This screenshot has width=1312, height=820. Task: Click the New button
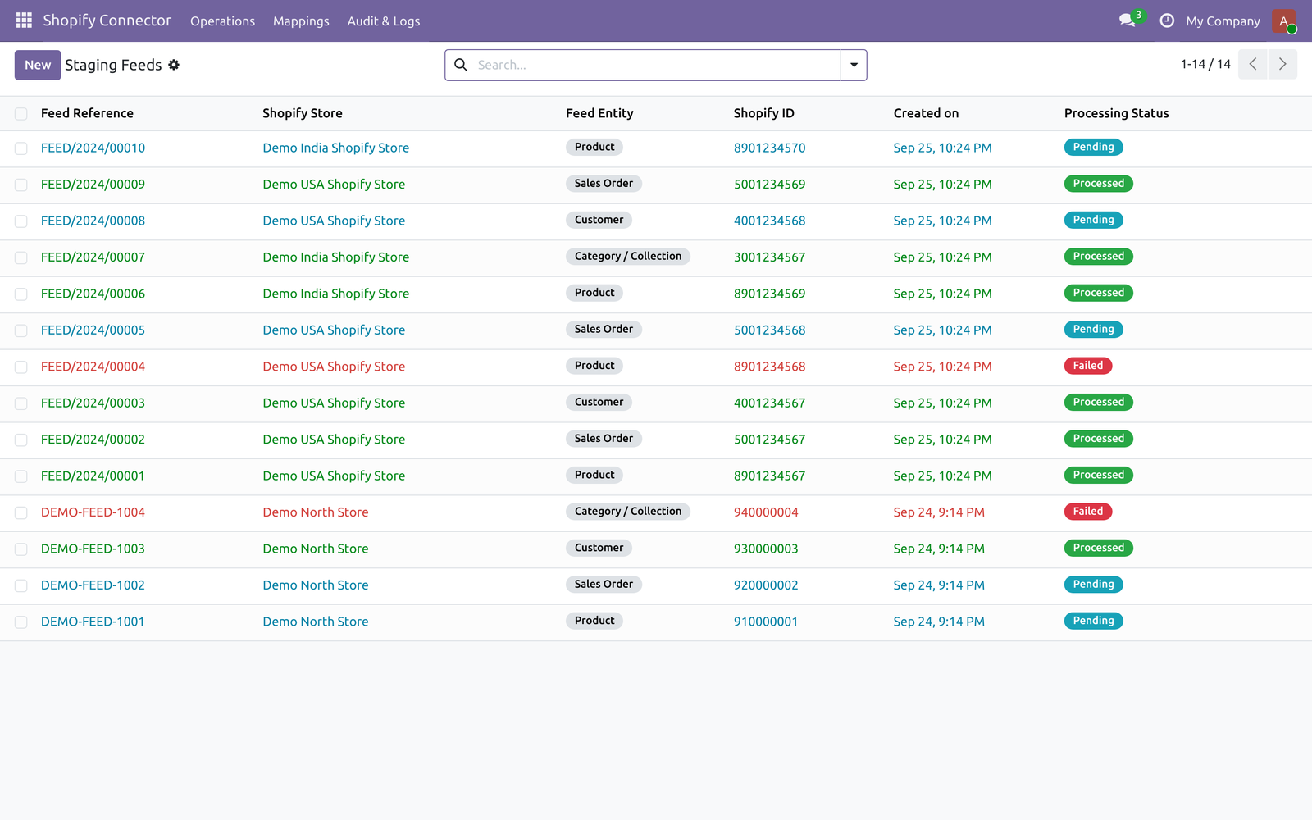tap(38, 65)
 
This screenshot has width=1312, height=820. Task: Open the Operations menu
tap(222, 21)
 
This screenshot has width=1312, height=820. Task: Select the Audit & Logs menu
tap(384, 21)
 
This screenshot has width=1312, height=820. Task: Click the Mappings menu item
tap(301, 21)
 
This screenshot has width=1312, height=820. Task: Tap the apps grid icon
tap(24, 20)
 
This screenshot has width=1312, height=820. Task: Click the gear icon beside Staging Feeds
tap(174, 65)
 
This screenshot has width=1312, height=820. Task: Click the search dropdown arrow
tap(854, 65)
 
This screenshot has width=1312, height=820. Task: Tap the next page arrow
tap(1282, 65)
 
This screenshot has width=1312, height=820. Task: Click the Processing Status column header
tap(1116, 113)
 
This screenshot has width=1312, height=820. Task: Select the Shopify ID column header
tap(763, 113)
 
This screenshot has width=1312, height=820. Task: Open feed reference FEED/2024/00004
tap(93, 367)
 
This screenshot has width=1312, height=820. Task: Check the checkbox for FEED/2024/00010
tap(21, 148)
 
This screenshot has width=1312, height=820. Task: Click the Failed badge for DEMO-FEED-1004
tap(1087, 512)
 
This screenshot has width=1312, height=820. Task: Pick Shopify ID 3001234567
tap(770, 257)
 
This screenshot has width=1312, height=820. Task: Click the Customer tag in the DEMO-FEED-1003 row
tap(599, 548)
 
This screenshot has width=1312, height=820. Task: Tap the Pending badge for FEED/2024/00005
tap(1093, 329)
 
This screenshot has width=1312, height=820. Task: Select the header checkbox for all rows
tap(21, 114)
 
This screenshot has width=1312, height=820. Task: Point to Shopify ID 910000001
tap(766, 622)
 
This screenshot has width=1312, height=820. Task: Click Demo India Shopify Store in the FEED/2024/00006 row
tap(335, 294)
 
